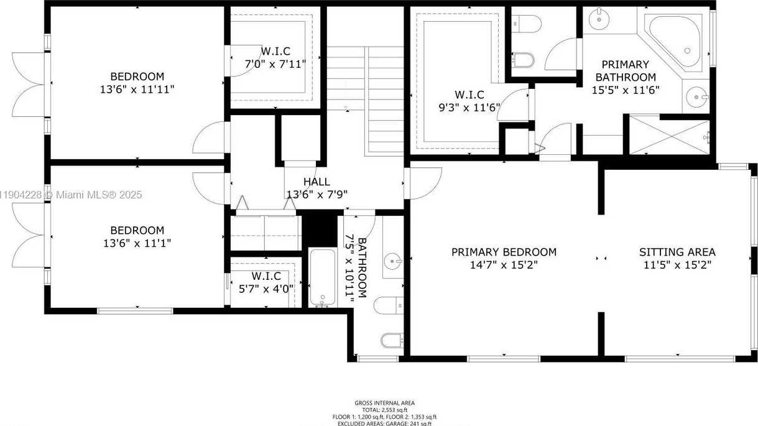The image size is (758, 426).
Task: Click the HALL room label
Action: [x=317, y=182]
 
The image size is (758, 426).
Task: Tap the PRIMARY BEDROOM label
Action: [x=504, y=252]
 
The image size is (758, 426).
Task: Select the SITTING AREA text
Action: [x=677, y=252]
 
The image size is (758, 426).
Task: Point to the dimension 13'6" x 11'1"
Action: [x=137, y=243]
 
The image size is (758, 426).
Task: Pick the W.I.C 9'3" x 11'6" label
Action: [x=469, y=100]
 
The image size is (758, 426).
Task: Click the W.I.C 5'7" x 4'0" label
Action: [x=266, y=282]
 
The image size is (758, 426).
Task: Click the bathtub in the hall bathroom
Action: [x=322, y=277]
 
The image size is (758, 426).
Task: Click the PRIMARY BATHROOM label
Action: [x=626, y=71]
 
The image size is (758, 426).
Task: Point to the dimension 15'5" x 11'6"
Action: [x=626, y=89]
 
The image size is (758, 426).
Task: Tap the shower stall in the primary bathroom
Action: [x=671, y=135]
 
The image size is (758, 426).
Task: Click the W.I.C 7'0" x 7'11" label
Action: [x=274, y=57]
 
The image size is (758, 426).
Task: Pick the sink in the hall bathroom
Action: [x=392, y=258]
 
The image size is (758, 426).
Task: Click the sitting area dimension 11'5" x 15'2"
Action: [x=677, y=264]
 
